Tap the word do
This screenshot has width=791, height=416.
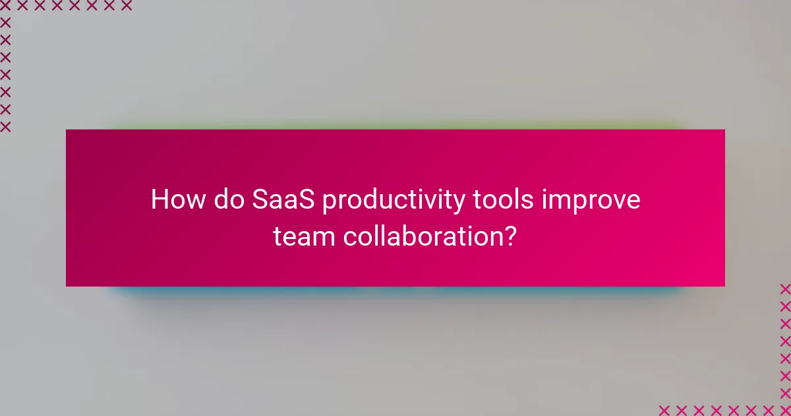point(228,199)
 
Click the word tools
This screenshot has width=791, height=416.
point(503,199)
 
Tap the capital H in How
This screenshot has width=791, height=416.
point(160,199)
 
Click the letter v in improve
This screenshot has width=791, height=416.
point(616,201)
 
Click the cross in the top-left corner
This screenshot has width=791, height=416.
point(5,6)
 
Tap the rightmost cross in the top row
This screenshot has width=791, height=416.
point(126,6)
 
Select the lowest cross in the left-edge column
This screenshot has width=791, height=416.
point(5,126)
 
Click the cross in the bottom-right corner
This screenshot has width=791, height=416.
point(785,409)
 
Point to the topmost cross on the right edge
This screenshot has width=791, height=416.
point(785,289)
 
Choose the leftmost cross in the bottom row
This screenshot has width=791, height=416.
point(665,409)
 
